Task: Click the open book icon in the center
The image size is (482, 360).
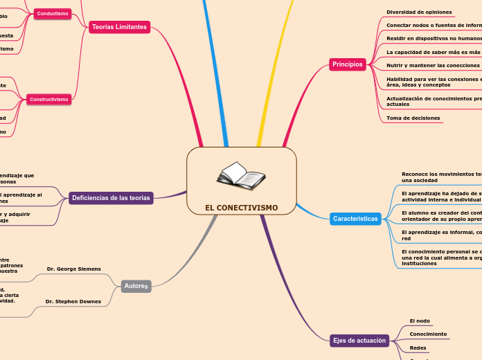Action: (x=240, y=177)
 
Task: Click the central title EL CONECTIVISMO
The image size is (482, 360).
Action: (x=241, y=208)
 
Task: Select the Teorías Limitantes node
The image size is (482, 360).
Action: (x=119, y=27)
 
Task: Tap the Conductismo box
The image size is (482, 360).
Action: (x=53, y=13)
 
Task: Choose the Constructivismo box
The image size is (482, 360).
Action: (x=48, y=100)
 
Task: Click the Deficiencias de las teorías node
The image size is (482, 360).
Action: (x=111, y=198)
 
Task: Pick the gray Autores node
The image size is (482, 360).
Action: (x=136, y=285)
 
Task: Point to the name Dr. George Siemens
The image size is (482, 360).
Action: (x=73, y=269)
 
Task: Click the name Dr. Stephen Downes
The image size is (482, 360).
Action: (x=73, y=301)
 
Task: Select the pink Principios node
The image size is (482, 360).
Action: (x=347, y=64)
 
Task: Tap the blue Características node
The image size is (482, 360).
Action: (x=355, y=219)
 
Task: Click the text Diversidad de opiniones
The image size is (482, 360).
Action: (x=419, y=12)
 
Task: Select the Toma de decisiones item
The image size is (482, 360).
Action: (x=413, y=118)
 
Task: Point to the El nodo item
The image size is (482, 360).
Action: (x=420, y=321)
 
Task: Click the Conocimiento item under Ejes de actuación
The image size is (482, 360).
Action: (x=428, y=334)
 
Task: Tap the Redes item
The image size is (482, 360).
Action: (x=418, y=348)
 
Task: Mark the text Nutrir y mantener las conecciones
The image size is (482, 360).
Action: (x=433, y=65)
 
